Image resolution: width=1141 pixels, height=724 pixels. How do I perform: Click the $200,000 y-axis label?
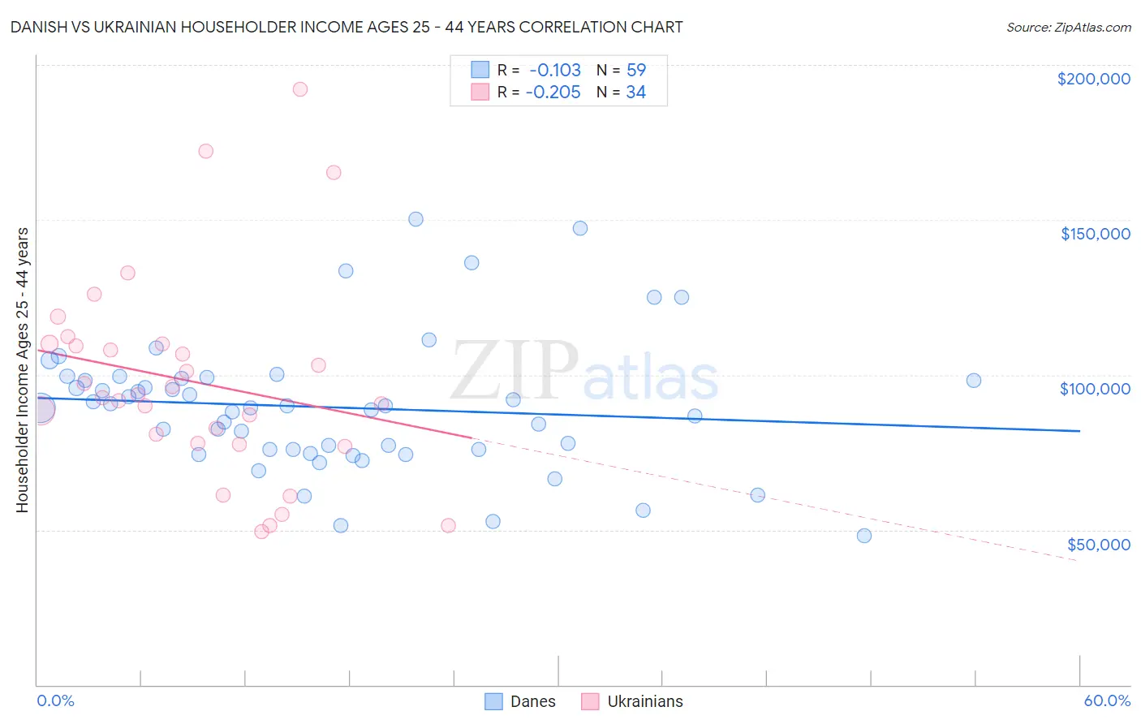tap(1093, 79)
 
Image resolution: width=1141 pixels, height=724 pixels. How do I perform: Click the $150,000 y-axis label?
tap(1095, 234)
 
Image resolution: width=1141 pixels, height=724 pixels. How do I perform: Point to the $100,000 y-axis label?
tap(1095, 389)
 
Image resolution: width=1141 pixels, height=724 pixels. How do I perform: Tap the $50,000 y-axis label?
tap(1098, 544)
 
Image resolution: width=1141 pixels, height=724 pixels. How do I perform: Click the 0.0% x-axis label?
tap(55, 700)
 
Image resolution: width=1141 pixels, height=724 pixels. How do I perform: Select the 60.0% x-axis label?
tap(1106, 700)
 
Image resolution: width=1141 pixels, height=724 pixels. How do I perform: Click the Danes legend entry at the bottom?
tap(520, 701)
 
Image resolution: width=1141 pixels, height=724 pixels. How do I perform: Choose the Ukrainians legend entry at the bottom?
tap(633, 701)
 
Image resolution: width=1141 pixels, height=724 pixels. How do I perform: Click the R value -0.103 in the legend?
tap(555, 71)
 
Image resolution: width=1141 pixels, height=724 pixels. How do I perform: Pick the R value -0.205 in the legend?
tap(553, 93)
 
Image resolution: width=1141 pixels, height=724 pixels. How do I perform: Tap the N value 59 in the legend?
tap(636, 71)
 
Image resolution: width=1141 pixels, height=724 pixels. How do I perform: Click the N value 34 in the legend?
tap(636, 93)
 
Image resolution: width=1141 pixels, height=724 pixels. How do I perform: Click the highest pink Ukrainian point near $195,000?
tap(299, 89)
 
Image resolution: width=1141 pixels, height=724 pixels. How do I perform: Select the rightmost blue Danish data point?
tap(974, 381)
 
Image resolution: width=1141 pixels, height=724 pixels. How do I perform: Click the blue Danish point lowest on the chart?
tap(864, 536)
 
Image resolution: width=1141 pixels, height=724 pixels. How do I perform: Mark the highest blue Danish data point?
tap(415, 219)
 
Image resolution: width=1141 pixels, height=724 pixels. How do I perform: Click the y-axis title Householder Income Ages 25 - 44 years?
tap(22, 370)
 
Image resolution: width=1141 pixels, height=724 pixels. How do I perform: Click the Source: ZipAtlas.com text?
tap(1068, 28)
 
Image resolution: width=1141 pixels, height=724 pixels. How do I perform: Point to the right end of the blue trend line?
tap(1079, 431)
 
